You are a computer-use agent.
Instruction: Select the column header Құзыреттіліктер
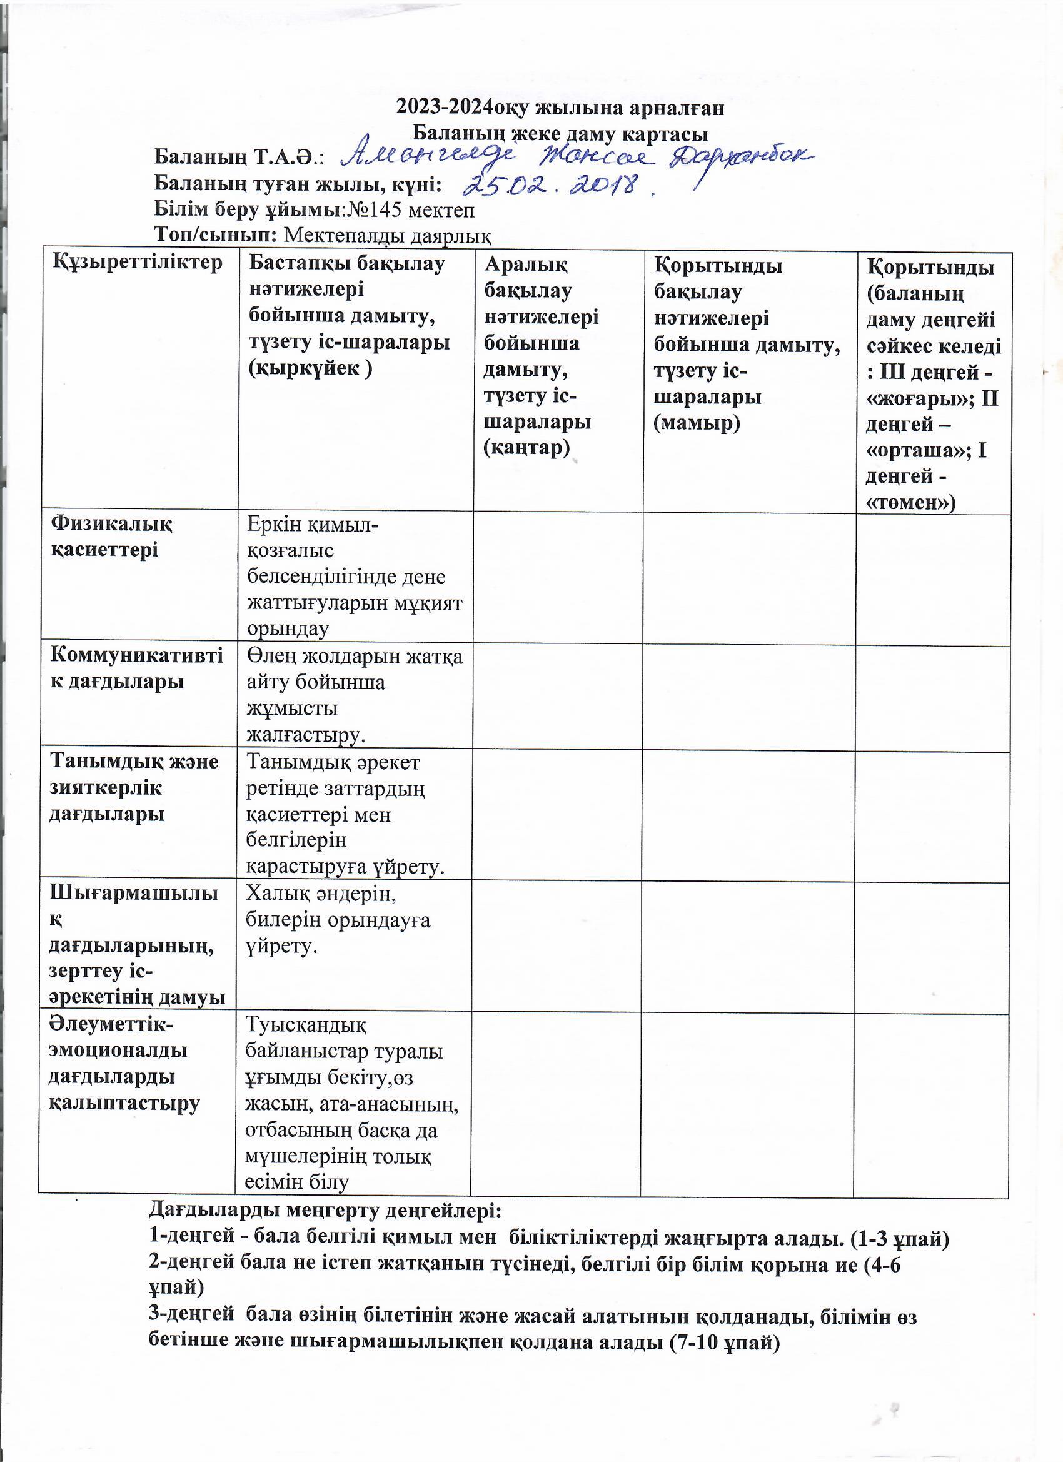click(x=138, y=263)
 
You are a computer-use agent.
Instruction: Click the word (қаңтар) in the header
click(x=527, y=447)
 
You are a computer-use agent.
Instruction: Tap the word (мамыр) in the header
click(x=697, y=423)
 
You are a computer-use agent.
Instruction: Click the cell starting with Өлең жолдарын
click(x=355, y=695)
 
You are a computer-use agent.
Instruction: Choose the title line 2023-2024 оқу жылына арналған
click(x=560, y=108)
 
